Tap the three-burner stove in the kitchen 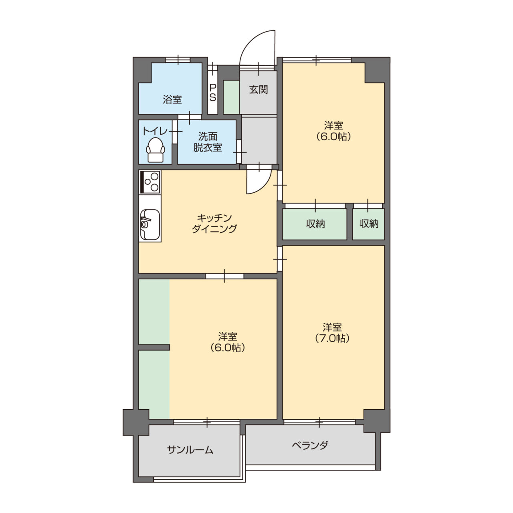click(149, 182)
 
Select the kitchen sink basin click(149, 224)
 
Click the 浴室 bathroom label click(172, 99)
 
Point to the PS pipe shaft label click(213, 93)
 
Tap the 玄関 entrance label click(259, 89)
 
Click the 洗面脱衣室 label click(207, 142)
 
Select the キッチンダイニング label click(214, 223)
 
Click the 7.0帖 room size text click(333, 338)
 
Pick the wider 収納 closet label click(315, 224)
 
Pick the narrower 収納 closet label click(369, 224)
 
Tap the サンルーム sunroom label click(190, 450)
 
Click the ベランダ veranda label click(310, 445)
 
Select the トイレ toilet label click(155, 131)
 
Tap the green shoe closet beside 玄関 click(231, 97)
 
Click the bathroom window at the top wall click(178, 60)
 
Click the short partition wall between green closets click(154, 347)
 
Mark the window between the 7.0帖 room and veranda click(319, 422)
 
